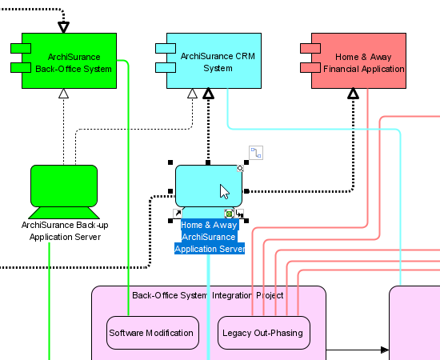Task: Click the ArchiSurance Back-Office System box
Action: pyautogui.click(x=69, y=61)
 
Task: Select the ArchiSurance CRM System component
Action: pyautogui.click(x=214, y=61)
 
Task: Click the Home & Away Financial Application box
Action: pyautogui.click(x=358, y=61)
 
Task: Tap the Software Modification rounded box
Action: pyautogui.click(x=153, y=333)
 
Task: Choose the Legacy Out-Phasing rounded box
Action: pyautogui.click(x=264, y=333)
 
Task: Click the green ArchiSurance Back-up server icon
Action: pyautogui.click(x=64, y=192)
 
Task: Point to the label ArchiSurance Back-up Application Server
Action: pyautogui.click(x=65, y=231)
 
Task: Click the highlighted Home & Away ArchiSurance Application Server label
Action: pyautogui.click(x=210, y=237)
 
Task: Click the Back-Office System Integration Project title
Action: pyautogui.click(x=208, y=295)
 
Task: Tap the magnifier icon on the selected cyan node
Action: pyautogui.click(x=241, y=168)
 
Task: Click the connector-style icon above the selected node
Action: pyautogui.click(x=256, y=153)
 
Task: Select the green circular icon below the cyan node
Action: pyautogui.click(x=230, y=214)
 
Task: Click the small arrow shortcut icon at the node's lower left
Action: pyautogui.click(x=178, y=214)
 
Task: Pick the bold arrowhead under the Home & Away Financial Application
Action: pyautogui.click(x=353, y=94)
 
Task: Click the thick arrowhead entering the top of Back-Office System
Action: pyautogui.click(x=64, y=27)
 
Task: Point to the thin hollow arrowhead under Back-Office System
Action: pyautogui.click(x=64, y=94)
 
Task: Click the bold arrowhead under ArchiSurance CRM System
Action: pyautogui.click(x=208, y=94)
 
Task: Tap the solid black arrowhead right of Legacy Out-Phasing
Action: pyautogui.click(x=385, y=350)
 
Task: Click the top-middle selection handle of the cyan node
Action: pyautogui.click(x=208, y=162)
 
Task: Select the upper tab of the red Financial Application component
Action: pyautogui.click(x=310, y=48)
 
